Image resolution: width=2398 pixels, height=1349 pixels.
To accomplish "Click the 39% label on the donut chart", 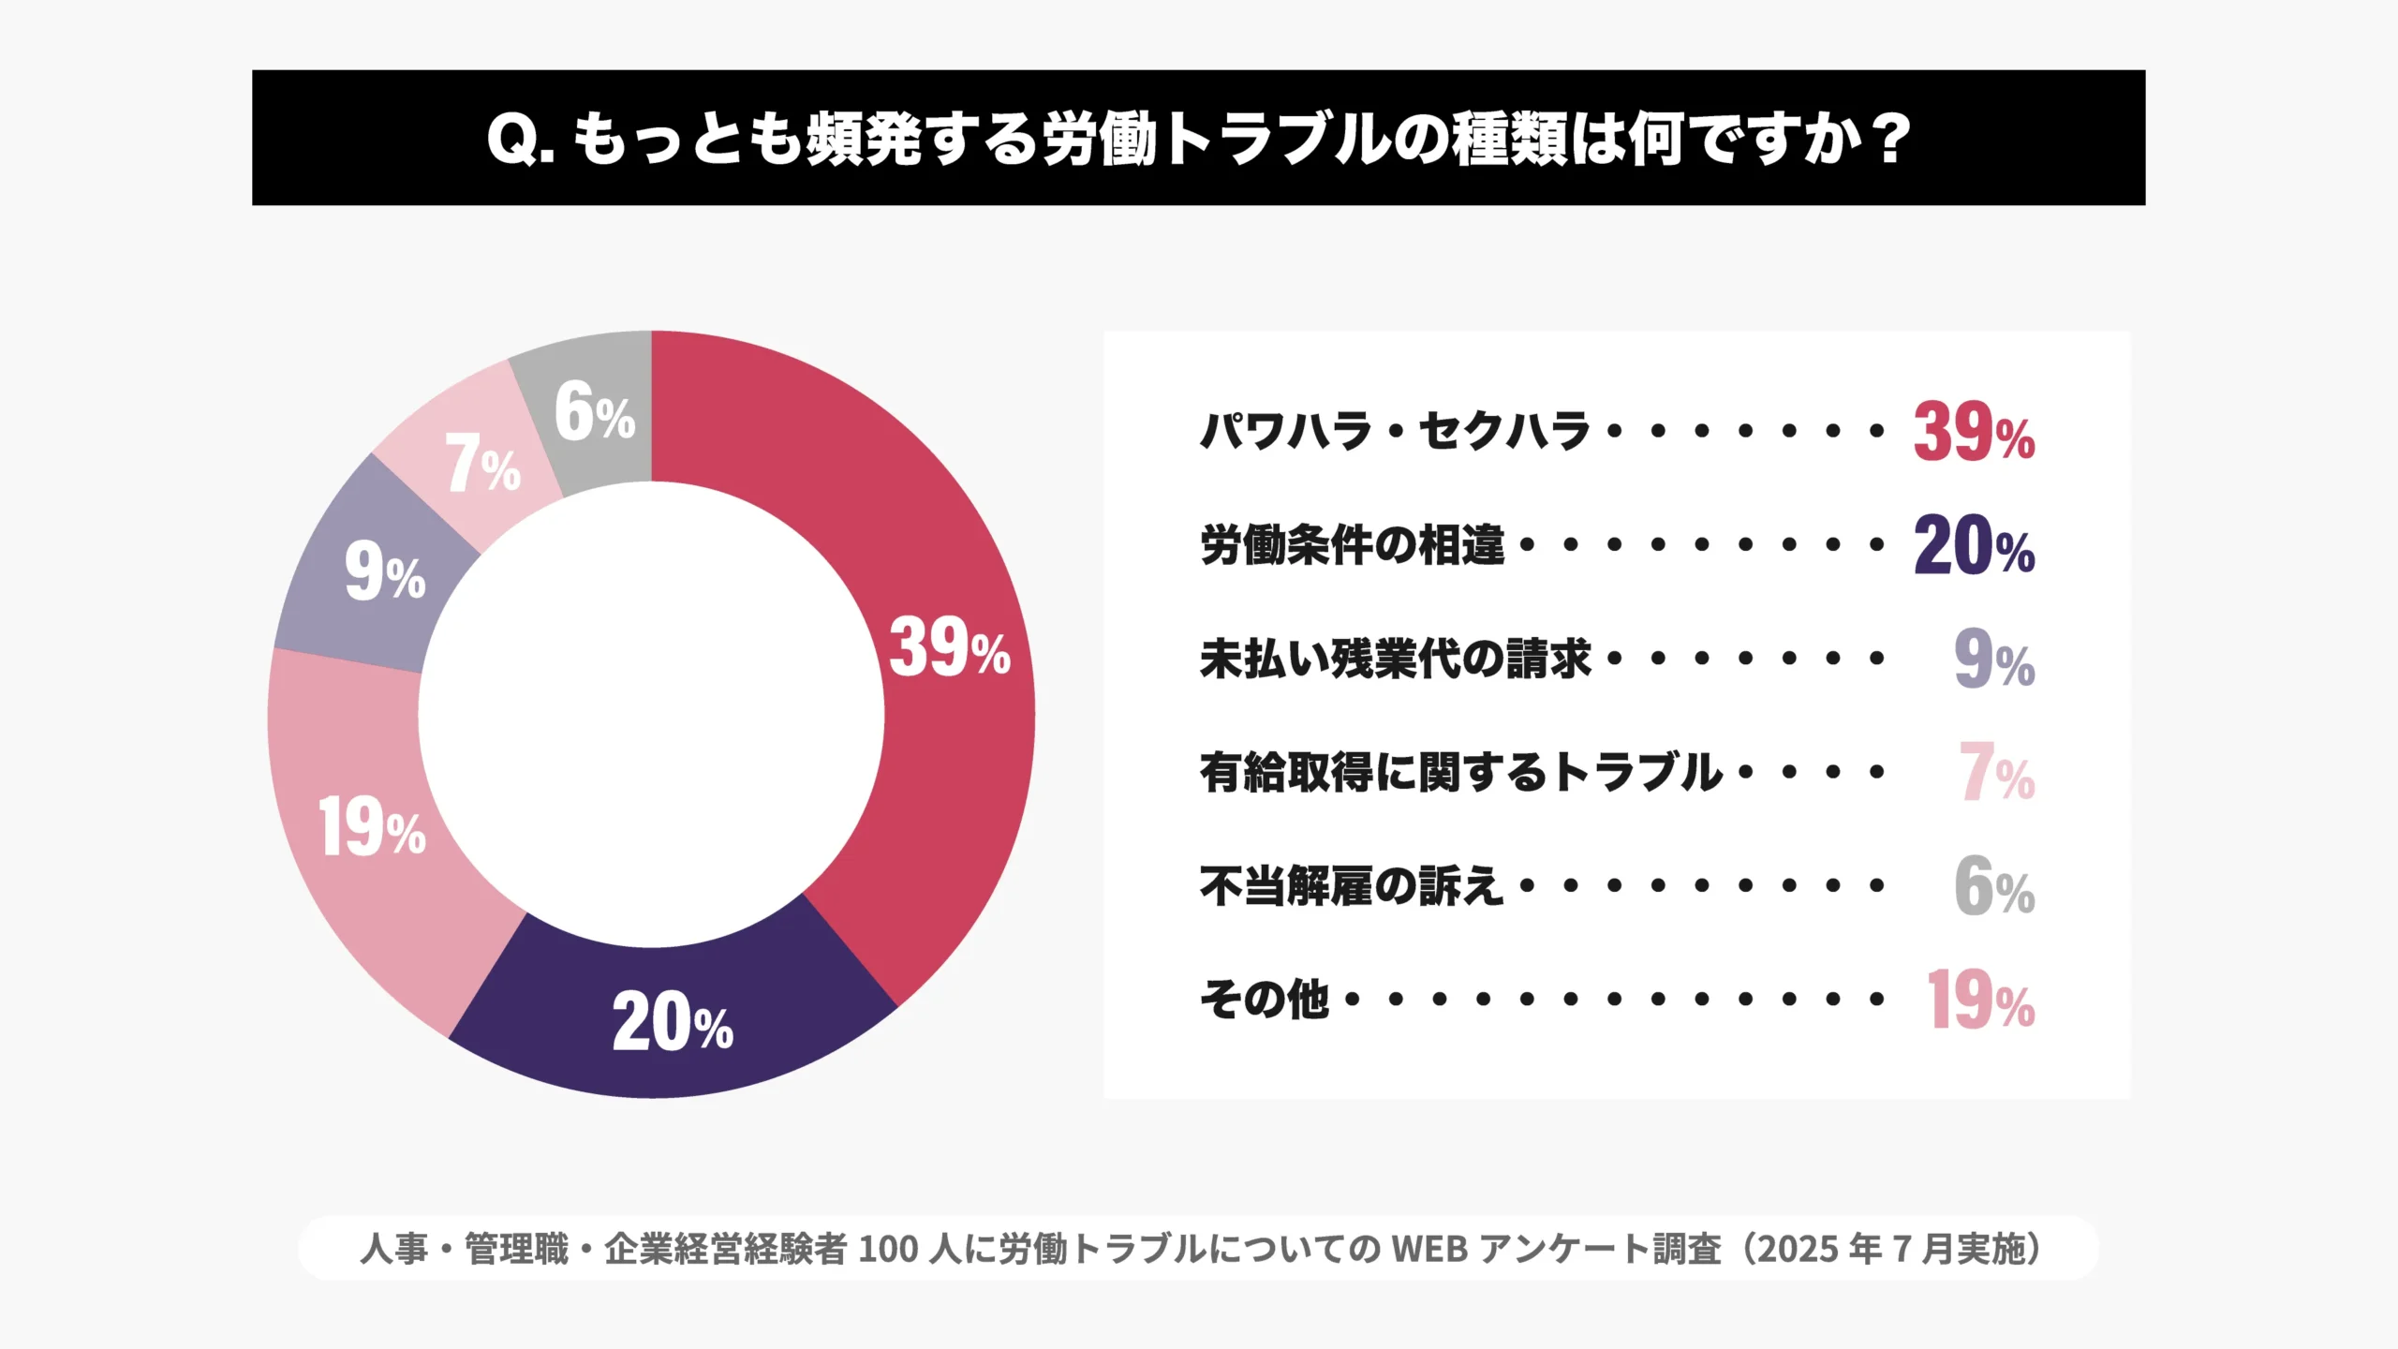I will [949, 647].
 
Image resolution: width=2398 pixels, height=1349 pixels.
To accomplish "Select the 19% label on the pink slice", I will [372, 827].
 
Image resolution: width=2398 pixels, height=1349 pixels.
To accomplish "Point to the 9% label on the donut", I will [385, 572].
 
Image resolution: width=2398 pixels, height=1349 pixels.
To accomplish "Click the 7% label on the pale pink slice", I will [482, 464].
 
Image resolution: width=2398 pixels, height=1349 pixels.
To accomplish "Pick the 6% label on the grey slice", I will [595, 412].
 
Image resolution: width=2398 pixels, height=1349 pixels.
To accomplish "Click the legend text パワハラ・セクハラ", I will [1396, 431].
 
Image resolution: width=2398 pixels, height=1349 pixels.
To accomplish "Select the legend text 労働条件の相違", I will [1352, 545].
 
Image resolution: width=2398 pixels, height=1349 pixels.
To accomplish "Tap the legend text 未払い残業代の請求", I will [1396, 659].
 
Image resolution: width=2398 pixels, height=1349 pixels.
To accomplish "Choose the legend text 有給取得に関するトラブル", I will [1461, 773].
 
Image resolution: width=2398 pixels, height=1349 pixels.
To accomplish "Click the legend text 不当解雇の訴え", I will [1352, 886].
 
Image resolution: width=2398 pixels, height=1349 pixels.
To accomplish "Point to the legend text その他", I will [1265, 1000].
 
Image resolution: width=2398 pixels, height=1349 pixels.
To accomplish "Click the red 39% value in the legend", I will [1974, 433].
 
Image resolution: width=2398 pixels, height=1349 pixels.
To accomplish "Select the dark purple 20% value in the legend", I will [1974, 546].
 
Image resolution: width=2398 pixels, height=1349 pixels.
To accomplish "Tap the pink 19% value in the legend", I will [1980, 1001].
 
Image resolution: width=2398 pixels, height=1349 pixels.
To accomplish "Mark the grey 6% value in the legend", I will [1994, 887].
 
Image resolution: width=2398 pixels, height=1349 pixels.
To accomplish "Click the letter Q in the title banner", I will [512, 140].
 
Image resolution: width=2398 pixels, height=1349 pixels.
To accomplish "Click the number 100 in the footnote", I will [888, 1249].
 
